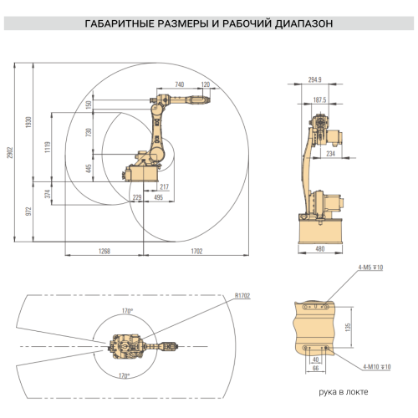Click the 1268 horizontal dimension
[x=104, y=251]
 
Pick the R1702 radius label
[x=242, y=294]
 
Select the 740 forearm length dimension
[x=180, y=84]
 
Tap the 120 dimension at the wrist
[x=206, y=84]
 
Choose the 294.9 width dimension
[x=315, y=79]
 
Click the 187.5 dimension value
[x=319, y=99]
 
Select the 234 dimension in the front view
[x=331, y=154]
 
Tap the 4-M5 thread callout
[x=370, y=268]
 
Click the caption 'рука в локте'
[x=342, y=391]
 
